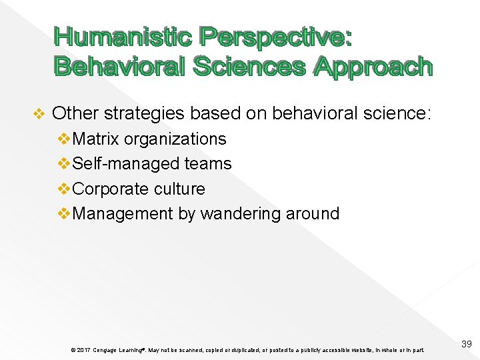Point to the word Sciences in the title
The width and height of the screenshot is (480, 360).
(x=249, y=66)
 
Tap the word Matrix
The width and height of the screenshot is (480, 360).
(x=96, y=139)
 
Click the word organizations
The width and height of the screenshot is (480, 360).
(x=175, y=139)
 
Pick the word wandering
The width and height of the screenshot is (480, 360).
(x=241, y=214)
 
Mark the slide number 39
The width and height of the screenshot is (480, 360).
(x=466, y=344)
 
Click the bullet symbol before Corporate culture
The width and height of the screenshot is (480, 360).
(x=64, y=189)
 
